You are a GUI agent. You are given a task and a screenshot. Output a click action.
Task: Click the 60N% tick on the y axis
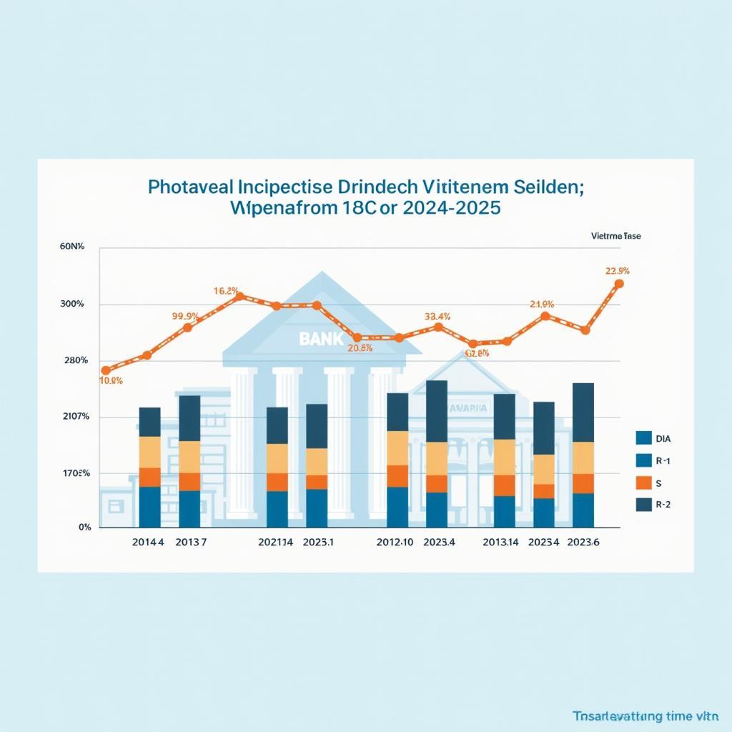[71, 247]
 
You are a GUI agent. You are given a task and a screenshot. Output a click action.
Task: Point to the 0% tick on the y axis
[84, 528]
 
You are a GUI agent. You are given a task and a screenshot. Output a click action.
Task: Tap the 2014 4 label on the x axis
[148, 542]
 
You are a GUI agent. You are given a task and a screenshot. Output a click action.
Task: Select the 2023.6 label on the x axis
[584, 542]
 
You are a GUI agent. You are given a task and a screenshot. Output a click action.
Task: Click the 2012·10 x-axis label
[395, 542]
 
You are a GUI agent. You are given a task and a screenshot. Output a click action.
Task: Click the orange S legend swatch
[643, 483]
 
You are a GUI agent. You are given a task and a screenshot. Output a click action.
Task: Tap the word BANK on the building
[321, 339]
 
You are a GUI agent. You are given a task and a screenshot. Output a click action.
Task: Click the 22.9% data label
[617, 270]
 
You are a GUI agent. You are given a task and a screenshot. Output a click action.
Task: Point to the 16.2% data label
[226, 291]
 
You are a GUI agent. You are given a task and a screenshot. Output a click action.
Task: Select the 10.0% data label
[111, 381]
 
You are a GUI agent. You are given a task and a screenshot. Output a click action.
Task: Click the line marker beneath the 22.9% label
[619, 284]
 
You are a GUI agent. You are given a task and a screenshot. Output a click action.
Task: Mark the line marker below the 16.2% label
[240, 296]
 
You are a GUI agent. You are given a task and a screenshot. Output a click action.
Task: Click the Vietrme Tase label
[616, 235]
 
